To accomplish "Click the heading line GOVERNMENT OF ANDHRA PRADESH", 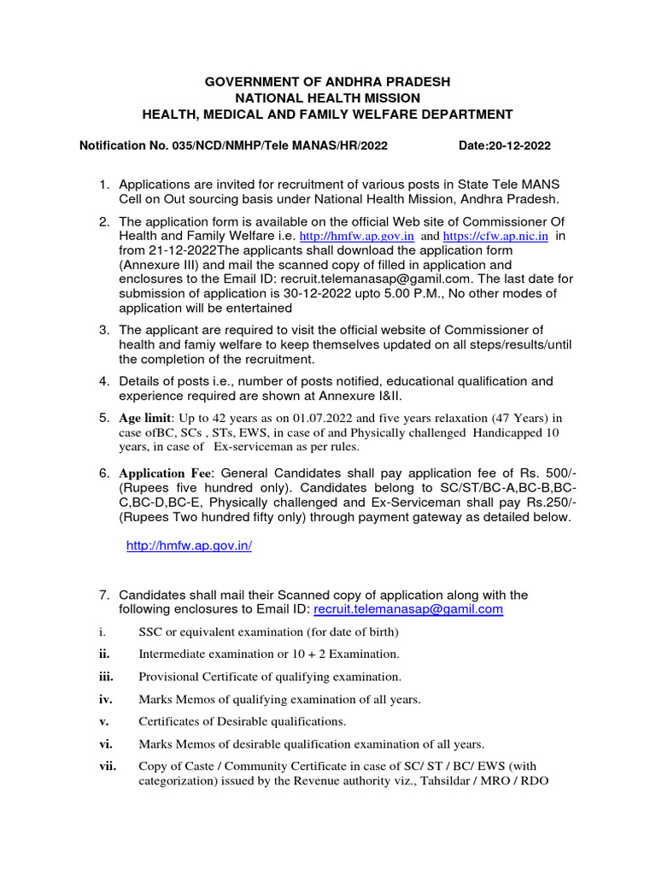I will [327, 82].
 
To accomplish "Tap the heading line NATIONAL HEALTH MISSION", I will [327, 98].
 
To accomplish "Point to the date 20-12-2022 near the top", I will [518, 146].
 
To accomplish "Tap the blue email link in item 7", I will [408, 609].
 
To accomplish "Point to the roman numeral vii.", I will [108, 766].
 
